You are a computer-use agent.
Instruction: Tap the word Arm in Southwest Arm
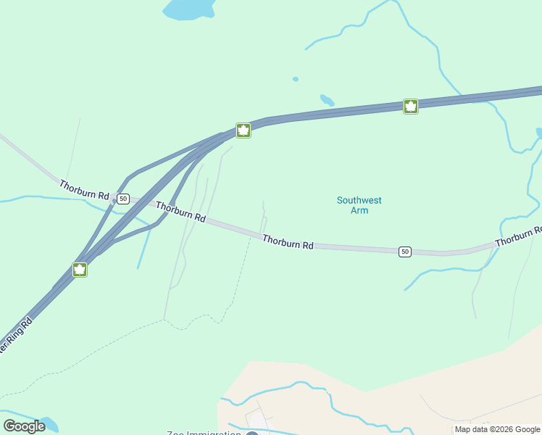pos(359,211)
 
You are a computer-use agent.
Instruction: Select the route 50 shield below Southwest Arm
pos(404,252)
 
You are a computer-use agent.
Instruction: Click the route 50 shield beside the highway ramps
pos(123,199)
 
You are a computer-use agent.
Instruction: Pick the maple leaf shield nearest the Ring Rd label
pos(80,270)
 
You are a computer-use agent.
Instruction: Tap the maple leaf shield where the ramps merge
pos(243,130)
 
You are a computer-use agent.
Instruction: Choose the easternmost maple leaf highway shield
pos(411,107)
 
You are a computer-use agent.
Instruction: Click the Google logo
pos(24,426)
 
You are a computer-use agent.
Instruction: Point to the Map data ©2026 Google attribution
pos(497,429)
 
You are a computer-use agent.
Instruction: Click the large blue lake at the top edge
pos(190,9)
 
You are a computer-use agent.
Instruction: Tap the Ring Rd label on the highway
pos(14,336)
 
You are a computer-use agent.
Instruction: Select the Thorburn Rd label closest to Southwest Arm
pos(288,242)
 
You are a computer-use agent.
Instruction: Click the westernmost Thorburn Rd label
pos(84,191)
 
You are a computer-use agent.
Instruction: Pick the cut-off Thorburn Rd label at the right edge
pos(518,236)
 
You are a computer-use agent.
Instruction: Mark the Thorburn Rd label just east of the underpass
pos(180,212)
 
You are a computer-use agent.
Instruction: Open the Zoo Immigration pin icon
pos(252,434)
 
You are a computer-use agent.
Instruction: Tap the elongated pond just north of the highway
pos(327,100)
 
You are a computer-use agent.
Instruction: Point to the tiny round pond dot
pos(295,79)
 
